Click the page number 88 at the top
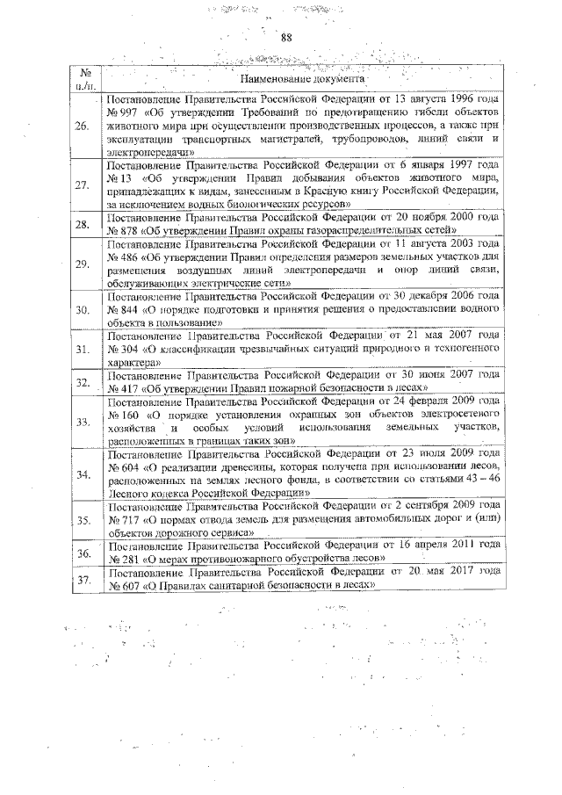tap(285, 36)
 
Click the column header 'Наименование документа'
tap(301, 79)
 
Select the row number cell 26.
tap(83, 126)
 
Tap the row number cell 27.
tap(83, 185)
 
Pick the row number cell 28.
tap(83, 224)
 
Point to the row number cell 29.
tap(83, 264)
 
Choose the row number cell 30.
tap(83, 310)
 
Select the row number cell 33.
tap(83, 422)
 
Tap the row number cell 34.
tap(83, 474)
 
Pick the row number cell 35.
tap(83, 520)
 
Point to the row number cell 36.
tap(83, 553)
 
